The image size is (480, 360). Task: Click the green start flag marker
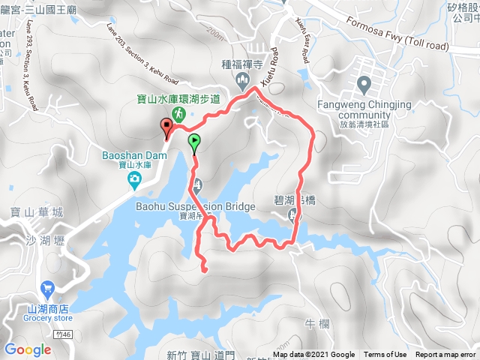click(194, 140)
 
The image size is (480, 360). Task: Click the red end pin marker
click(166, 126)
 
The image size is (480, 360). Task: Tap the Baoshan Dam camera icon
click(133, 178)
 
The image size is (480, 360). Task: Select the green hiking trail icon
click(178, 113)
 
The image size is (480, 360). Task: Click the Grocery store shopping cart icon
click(48, 286)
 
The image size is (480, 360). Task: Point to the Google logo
click(27, 349)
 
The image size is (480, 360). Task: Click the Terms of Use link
click(385, 355)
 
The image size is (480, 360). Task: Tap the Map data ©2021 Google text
click(313, 355)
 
